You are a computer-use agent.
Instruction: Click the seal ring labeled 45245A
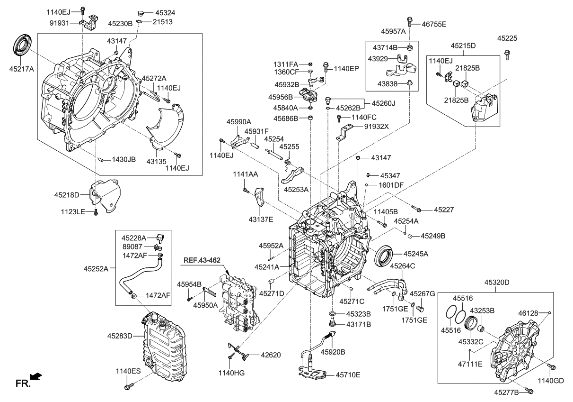383,256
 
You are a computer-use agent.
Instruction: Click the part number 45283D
120,336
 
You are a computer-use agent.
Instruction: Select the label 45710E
348,375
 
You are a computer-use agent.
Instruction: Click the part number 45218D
66,195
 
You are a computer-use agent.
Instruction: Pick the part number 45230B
120,23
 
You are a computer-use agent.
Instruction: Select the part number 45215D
463,46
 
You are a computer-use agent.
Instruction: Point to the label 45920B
333,352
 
